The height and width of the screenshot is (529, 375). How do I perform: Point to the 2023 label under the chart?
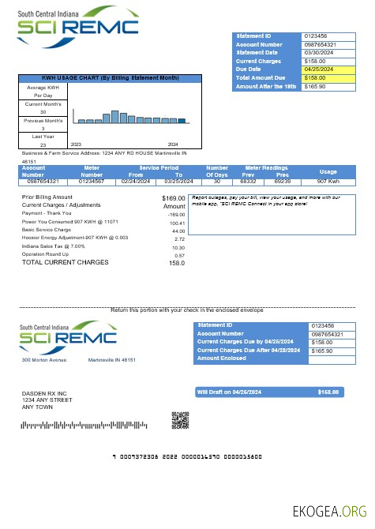pyautogui.click(x=77, y=144)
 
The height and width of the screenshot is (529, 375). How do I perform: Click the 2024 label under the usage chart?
pyautogui.click(x=173, y=144)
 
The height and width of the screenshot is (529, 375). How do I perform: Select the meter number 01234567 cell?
pyautogui.click(x=92, y=181)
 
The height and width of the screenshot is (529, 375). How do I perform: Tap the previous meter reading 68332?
pyautogui.click(x=248, y=181)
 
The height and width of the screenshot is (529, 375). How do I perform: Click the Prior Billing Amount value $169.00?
pyautogui.click(x=173, y=197)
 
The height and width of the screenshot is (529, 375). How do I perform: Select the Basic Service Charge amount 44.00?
pyautogui.click(x=178, y=231)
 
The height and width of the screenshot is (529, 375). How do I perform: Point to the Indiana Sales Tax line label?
pyautogui.click(x=52, y=247)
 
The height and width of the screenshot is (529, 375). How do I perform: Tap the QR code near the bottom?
pyautogui.click(x=182, y=420)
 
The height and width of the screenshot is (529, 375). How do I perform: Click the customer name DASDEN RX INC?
pyautogui.click(x=44, y=393)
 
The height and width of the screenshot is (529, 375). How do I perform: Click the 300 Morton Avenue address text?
pyautogui.click(x=45, y=360)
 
